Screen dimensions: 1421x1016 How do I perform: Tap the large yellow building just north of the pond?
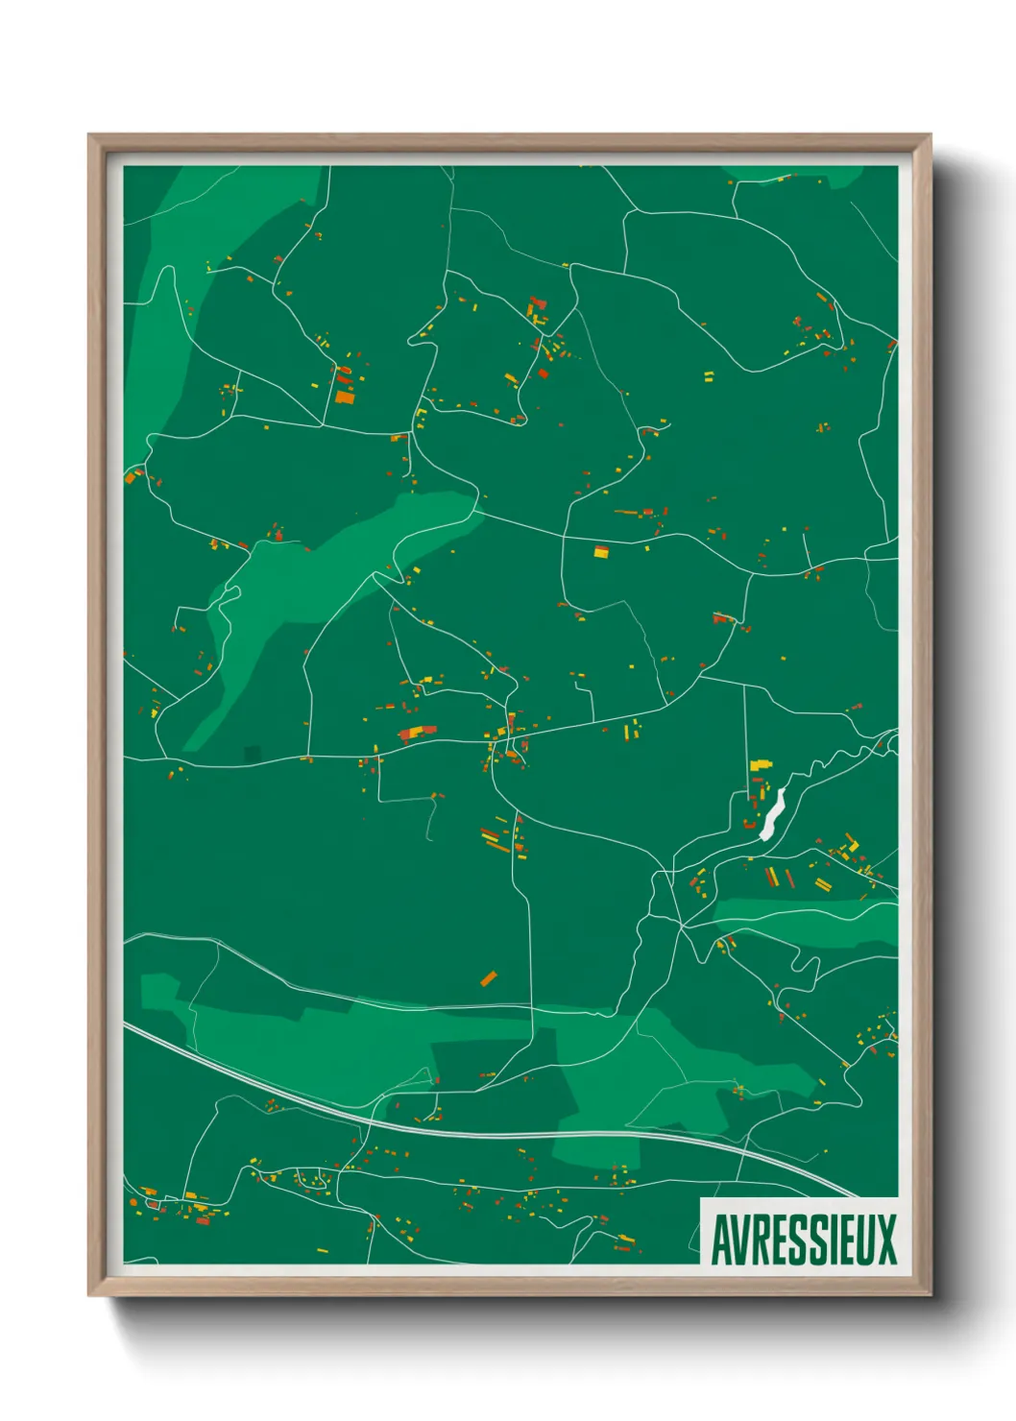(x=761, y=765)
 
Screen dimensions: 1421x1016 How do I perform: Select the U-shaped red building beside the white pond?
(x=750, y=823)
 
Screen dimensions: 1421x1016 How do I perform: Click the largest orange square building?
(x=344, y=396)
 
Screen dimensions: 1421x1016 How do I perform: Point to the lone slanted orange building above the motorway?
(x=489, y=978)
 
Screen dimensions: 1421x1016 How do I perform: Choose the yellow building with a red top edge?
(x=601, y=551)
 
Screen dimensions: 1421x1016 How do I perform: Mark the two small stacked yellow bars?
(x=709, y=375)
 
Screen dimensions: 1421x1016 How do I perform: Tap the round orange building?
(x=543, y=373)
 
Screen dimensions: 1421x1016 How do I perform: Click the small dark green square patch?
(x=252, y=753)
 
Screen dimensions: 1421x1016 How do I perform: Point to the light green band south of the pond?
(x=807, y=920)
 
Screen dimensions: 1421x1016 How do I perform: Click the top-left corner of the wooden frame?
(x=89, y=135)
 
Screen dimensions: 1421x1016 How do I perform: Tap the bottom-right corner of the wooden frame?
(x=930, y=1295)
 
